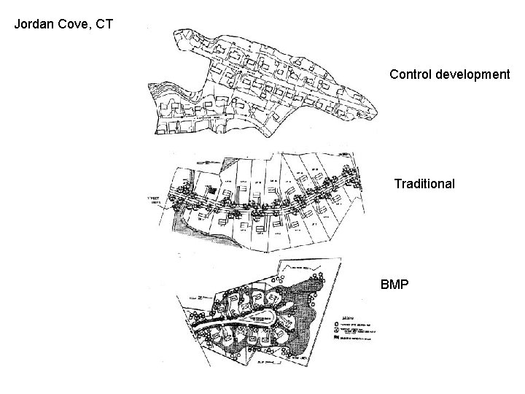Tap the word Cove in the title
pos(73,24)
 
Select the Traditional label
pos(424,184)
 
